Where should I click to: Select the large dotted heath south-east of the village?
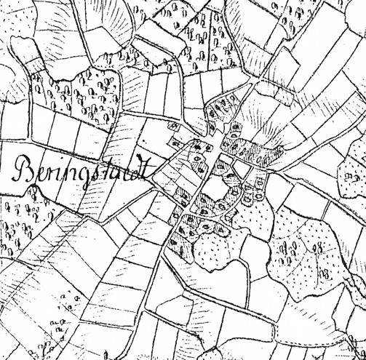click(x=306, y=247)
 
